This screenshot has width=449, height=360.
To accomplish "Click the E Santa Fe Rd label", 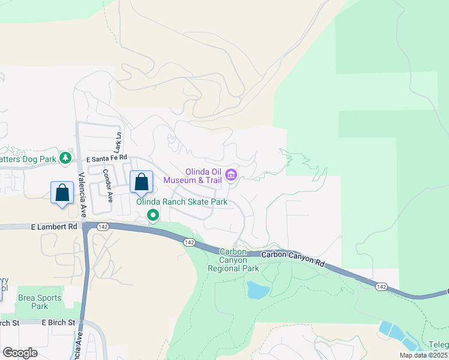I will point(107,159).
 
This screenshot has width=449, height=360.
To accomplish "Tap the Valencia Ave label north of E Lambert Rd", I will point(82,194).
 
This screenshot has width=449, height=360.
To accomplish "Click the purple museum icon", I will point(231,176).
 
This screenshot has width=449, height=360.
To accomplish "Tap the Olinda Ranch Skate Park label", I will point(182,202).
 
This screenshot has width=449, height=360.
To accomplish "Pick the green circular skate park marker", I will point(153,215).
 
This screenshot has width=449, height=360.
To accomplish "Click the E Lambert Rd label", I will point(55,227).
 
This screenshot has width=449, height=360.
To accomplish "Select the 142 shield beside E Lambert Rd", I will point(102,226).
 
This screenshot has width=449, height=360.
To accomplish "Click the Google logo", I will point(20,353).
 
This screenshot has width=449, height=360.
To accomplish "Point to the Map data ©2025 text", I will point(424,355).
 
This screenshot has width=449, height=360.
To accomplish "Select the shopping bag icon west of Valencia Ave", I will point(62,193).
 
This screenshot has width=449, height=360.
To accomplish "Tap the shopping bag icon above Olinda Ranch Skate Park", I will point(141,182).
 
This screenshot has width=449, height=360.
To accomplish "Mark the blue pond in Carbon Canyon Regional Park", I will point(258,290).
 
